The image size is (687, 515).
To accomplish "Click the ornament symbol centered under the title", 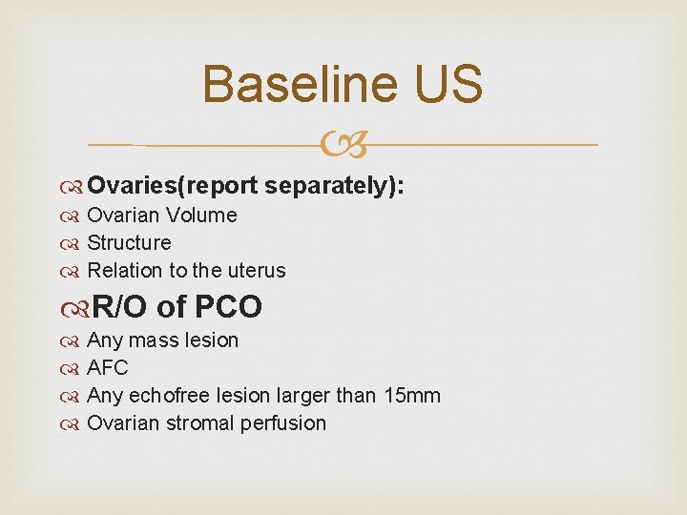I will point(343,145).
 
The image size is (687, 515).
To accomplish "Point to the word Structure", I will point(129,243).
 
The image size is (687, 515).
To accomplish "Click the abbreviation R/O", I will point(121,307).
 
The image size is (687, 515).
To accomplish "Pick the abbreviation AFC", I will point(107,368).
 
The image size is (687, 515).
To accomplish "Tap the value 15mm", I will point(413,396).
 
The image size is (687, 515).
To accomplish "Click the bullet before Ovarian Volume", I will point(74,216).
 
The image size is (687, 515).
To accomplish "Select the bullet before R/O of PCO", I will point(77,308).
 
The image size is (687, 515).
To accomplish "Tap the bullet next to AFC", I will point(74,369).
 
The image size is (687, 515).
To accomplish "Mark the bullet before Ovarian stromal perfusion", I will point(74,424).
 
